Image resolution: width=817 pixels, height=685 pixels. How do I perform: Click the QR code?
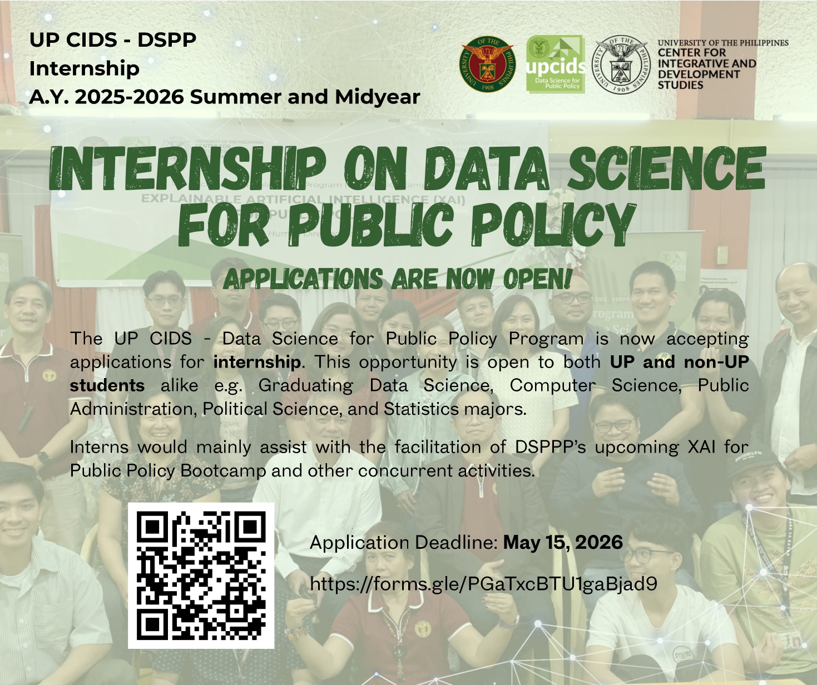tap(201, 575)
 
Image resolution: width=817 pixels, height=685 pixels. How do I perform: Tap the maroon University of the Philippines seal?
tap(487, 64)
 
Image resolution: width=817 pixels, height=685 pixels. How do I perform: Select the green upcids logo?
tap(556, 64)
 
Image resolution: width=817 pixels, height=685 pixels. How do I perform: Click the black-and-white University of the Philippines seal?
tap(621, 64)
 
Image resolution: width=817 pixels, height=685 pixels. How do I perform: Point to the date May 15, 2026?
tap(563, 543)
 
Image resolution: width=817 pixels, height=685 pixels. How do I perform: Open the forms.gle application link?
tap(484, 584)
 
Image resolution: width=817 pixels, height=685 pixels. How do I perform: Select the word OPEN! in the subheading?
tap(538, 279)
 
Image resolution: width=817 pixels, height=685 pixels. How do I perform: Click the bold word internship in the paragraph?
tap(257, 362)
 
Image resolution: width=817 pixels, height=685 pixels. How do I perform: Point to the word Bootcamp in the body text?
tap(223, 470)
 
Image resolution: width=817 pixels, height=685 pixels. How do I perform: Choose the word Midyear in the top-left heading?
tap(377, 97)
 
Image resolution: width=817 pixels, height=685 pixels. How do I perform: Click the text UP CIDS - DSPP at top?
tap(113, 39)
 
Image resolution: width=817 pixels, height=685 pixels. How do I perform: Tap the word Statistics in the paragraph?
tap(421, 409)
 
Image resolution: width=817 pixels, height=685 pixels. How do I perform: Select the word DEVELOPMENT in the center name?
tap(699, 75)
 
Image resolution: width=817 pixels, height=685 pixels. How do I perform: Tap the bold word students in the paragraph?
tap(107, 386)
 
